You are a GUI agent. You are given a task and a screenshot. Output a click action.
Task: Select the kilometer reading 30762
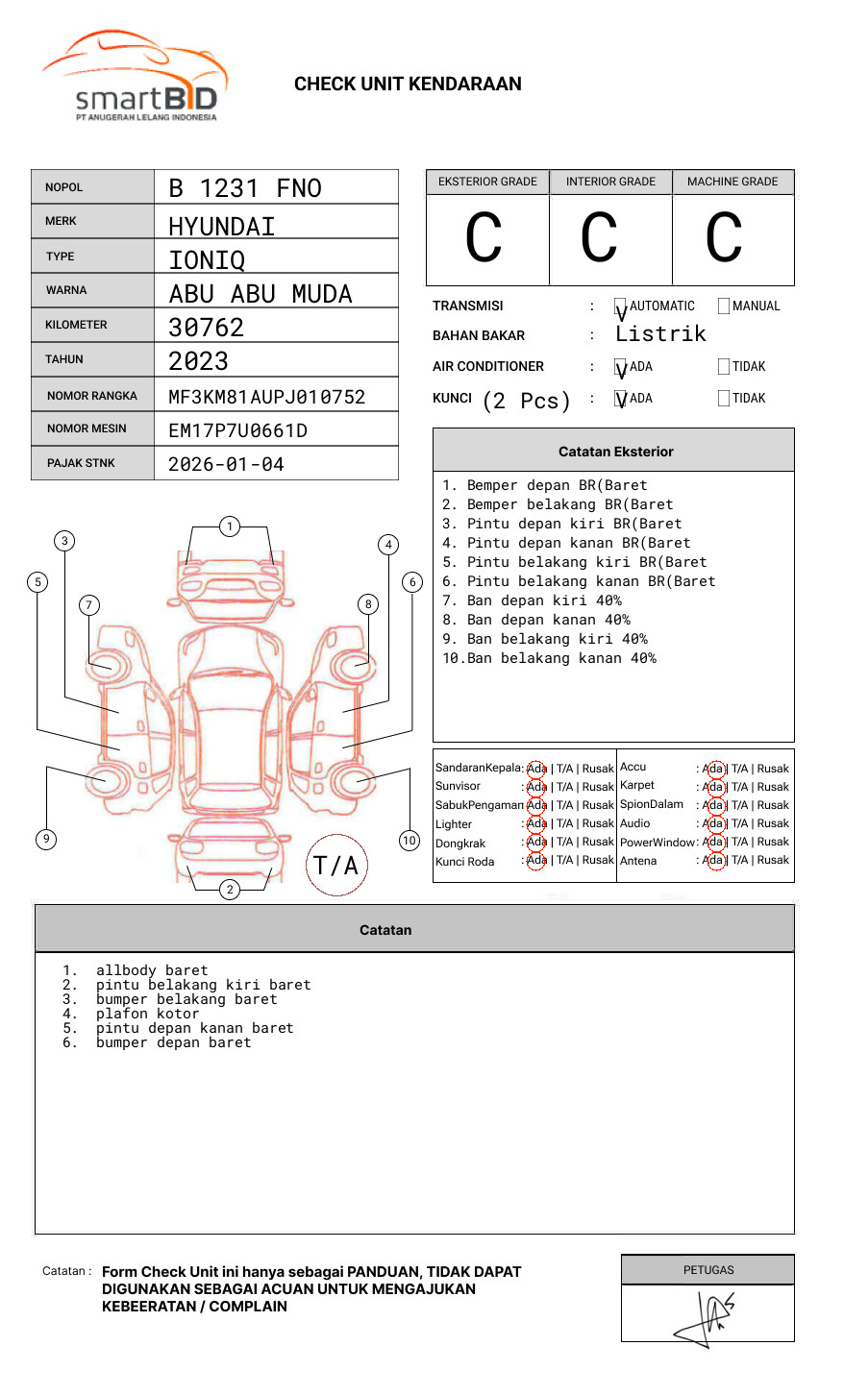point(206,328)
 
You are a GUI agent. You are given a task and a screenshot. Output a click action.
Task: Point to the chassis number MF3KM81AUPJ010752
point(266,397)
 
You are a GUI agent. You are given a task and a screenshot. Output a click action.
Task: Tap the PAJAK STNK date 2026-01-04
point(226,464)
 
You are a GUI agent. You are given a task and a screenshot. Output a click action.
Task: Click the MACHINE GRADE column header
point(732,182)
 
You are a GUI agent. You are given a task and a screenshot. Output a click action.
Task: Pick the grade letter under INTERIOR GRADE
point(599,238)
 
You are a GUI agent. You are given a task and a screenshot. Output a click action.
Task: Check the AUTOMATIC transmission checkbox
point(620,307)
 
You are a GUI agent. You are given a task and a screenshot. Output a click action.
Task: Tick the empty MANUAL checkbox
point(724,306)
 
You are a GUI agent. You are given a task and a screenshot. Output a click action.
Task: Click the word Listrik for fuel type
point(660,334)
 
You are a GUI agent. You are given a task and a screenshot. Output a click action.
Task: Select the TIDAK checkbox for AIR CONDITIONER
point(724,367)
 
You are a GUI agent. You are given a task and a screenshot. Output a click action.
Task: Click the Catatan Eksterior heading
point(615,452)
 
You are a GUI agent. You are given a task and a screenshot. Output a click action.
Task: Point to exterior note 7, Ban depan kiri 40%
point(543,600)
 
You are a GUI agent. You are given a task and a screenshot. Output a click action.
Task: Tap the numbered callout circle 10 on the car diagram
point(410,841)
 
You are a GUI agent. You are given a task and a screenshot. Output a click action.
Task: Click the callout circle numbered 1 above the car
point(229,526)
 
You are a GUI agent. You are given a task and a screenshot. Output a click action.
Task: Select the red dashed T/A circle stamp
point(336,866)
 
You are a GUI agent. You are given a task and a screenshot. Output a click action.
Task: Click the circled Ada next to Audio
point(713,823)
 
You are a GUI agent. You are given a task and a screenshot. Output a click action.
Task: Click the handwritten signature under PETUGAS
point(707,1315)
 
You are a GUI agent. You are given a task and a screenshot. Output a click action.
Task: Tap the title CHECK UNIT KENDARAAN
point(408,85)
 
